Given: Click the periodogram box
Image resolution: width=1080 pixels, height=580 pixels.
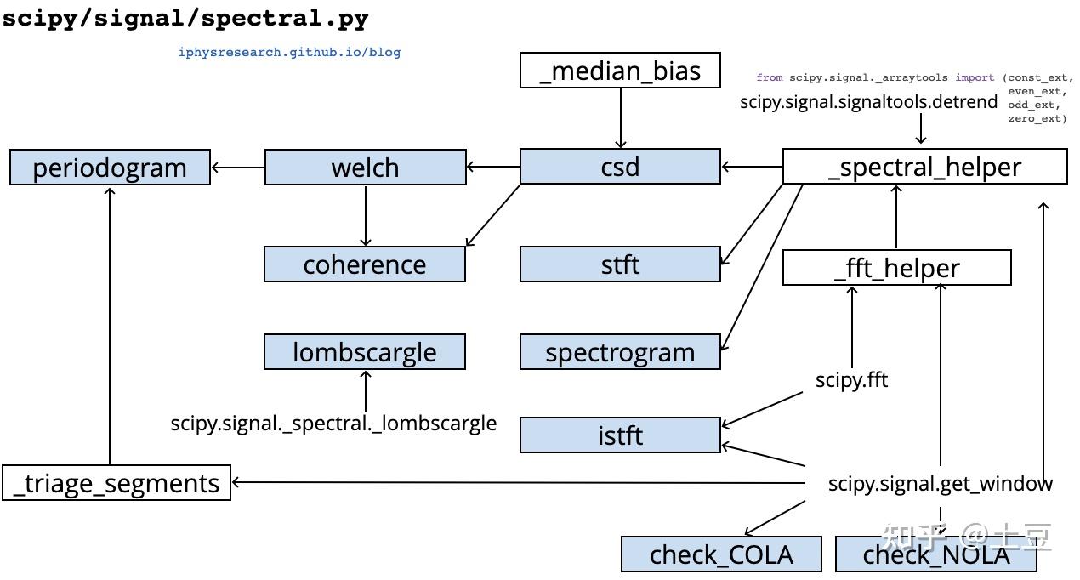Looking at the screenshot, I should tap(110, 167).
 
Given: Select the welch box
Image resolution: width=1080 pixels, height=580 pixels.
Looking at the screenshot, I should tap(365, 167).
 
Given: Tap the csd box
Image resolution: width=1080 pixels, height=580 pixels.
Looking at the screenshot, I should tap(620, 166).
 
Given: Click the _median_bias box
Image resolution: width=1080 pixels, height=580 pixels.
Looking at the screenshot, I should tap(620, 70).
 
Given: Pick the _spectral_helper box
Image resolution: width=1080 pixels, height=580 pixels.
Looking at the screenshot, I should tap(924, 166).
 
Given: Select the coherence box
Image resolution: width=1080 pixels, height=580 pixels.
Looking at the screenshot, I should tap(365, 264).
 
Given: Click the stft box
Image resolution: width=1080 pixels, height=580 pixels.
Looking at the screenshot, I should tap(620, 264).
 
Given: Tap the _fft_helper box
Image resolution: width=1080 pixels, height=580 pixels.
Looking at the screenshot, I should tap(896, 267).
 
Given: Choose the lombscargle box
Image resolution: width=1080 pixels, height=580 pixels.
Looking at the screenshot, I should tap(365, 351).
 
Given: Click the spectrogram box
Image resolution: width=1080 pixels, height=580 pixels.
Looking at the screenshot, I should tap(620, 351).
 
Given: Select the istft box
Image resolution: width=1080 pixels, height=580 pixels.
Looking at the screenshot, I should tap(620, 435).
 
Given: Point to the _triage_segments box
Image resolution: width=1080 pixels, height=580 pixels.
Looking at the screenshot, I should tap(117, 482).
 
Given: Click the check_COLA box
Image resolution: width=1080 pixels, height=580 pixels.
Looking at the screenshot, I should tap(721, 554).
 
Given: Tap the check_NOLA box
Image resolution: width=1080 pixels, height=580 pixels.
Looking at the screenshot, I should tap(936, 554).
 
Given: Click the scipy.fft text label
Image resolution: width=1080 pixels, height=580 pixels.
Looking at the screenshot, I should tap(851, 379).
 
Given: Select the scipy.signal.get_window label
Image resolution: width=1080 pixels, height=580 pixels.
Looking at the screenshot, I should tap(940, 483).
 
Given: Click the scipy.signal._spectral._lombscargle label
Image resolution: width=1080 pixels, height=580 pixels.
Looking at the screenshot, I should tap(333, 423).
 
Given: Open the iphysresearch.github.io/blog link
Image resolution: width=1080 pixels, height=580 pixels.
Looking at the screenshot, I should tap(289, 52).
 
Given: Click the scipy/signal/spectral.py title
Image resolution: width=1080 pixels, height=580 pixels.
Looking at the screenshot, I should tap(185, 18).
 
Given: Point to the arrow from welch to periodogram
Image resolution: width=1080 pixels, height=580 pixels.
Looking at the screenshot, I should tap(238, 168).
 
